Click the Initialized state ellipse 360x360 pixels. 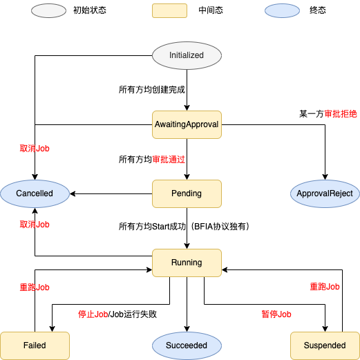pyautogui.click(x=187, y=55)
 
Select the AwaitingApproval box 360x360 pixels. pyautogui.click(x=187, y=124)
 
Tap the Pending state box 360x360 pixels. pyautogui.click(x=187, y=193)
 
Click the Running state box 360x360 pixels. pyautogui.click(x=187, y=263)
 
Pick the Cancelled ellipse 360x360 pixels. pyautogui.click(x=35, y=193)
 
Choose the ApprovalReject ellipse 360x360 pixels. pyautogui.click(x=325, y=193)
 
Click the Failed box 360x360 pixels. pyautogui.click(x=35, y=345)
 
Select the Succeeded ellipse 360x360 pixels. pyautogui.click(x=187, y=345)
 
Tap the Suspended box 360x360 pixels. pyautogui.click(x=325, y=345)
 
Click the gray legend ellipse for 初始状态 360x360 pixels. pyautogui.click(x=48, y=10)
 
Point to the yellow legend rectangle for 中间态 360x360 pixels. pyautogui.click(x=169, y=10)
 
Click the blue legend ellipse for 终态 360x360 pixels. pyautogui.click(x=282, y=10)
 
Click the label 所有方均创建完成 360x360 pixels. pyautogui.click(x=152, y=90)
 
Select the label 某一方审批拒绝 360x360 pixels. pyautogui.click(x=328, y=114)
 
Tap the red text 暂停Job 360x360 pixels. pyautogui.click(x=276, y=314)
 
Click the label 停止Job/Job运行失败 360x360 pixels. pyautogui.click(x=117, y=314)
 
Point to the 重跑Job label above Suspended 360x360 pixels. pyautogui.click(x=325, y=287)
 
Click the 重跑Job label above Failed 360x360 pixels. pyautogui.click(x=35, y=287)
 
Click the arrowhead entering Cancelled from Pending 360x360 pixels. pyautogui.click(x=73, y=193)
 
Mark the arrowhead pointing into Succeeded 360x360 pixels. pyautogui.click(x=187, y=329)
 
